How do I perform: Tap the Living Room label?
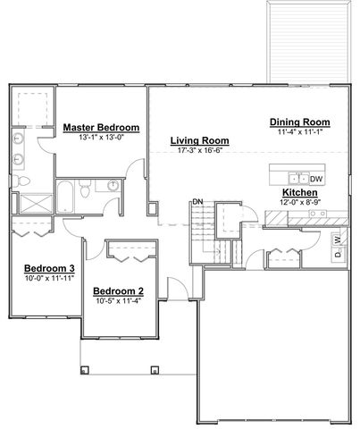pyautogui.click(x=200, y=140)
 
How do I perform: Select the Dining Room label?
pyautogui.click(x=299, y=122)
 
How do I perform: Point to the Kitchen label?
pyautogui.click(x=299, y=192)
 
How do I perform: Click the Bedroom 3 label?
pyautogui.click(x=48, y=268)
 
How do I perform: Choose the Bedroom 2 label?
pyautogui.click(x=119, y=291)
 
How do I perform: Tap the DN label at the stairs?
pyautogui.click(x=197, y=202)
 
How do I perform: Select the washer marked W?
pyautogui.click(x=337, y=240)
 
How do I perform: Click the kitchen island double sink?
pyautogui.click(x=297, y=177)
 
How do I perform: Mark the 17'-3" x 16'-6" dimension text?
pyautogui.click(x=200, y=152)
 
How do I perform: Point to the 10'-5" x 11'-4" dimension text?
pyautogui.click(x=119, y=302)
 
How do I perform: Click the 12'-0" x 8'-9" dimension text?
pyautogui.click(x=299, y=203)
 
